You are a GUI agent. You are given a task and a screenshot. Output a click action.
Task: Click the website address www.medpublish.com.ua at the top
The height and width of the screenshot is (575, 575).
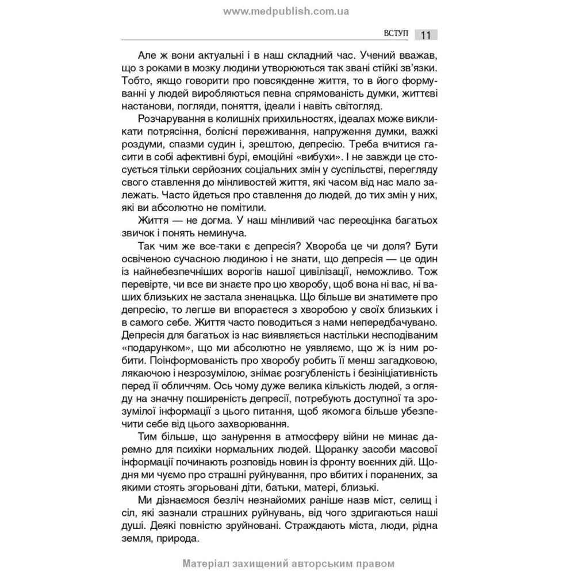(x=287, y=11)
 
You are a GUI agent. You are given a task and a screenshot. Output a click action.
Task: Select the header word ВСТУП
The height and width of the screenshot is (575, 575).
(x=395, y=34)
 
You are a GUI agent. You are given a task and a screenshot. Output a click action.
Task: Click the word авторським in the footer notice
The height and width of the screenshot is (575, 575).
(x=313, y=565)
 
